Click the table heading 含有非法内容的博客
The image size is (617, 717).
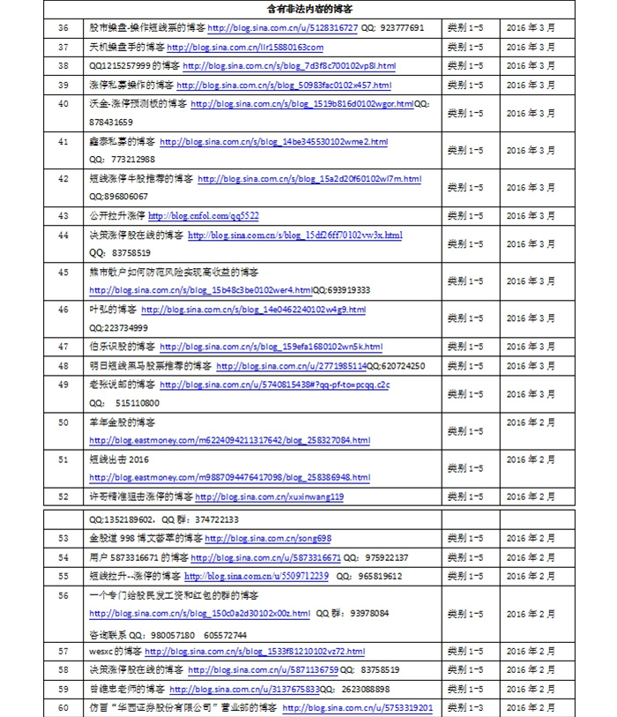[x=309, y=9]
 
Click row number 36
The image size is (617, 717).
[x=63, y=28]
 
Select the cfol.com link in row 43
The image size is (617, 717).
[x=204, y=216]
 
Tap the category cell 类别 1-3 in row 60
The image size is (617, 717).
[x=465, y=707]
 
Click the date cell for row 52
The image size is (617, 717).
[x=531, y=497]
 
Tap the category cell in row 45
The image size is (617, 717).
[x=465, y=281]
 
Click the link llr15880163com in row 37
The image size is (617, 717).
[x=245, y=48]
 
